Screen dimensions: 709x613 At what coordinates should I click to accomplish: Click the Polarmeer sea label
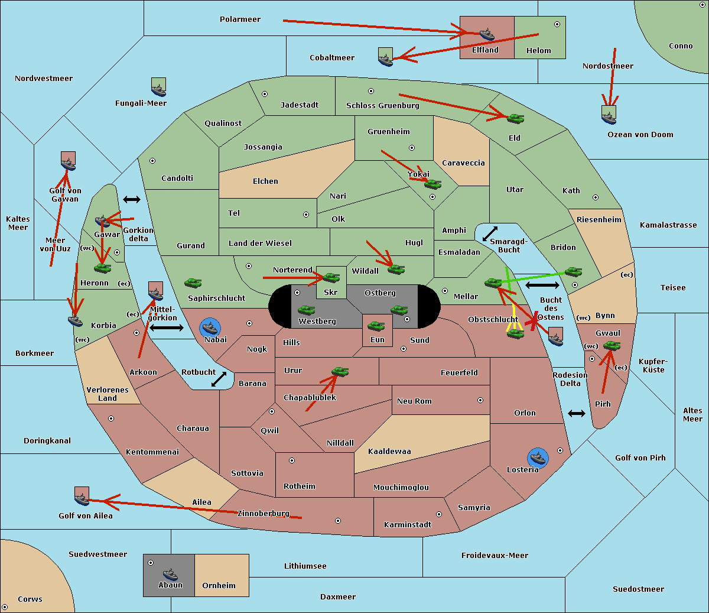tap(240, 20)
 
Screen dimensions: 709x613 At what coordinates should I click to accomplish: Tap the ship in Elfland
tap(487, 34)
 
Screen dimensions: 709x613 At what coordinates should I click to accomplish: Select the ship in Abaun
tap(170, 574)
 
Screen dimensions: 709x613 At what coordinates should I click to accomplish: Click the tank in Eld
tap(516, 119)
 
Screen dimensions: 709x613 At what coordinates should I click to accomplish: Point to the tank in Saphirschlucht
tap(193, 283)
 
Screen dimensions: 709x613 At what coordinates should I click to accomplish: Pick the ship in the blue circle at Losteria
tap(538, 458)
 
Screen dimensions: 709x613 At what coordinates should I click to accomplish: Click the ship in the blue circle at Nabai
tap(210, 327)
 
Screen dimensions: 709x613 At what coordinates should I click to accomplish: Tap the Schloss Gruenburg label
tap(383, 105)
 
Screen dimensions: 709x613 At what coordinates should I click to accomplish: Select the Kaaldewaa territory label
tap(389, 452)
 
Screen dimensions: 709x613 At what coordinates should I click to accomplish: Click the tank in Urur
tap(340, 371)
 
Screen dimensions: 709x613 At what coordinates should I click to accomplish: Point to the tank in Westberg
tap(306, 310)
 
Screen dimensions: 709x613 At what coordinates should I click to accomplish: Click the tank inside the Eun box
tap(376, 326)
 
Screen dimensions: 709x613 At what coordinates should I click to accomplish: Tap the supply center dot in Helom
tap(557, 24)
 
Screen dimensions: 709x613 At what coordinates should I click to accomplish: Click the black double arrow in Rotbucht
tap(219, 379)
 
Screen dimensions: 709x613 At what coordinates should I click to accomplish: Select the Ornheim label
tap(219, 585)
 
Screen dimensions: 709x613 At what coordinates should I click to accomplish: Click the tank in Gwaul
tap(612, 346)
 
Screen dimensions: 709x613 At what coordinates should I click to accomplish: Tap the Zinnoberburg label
tap(264, 513)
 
